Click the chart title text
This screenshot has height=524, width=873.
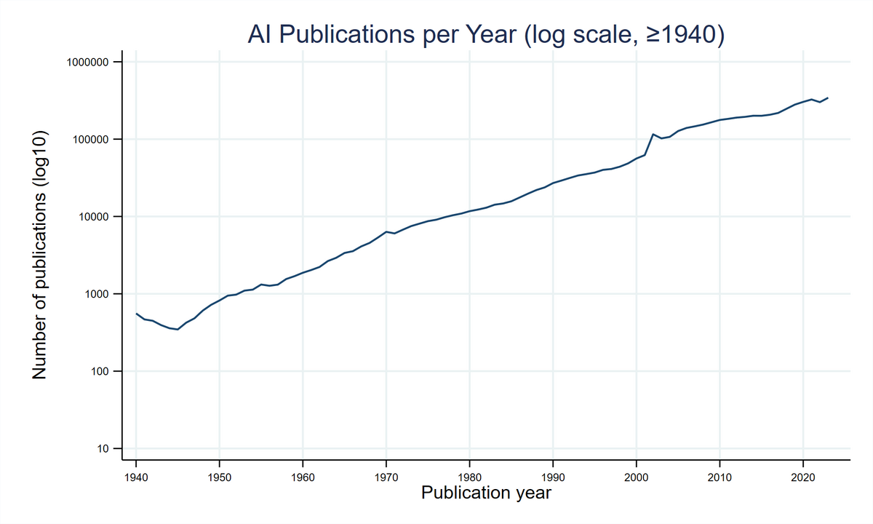[x=485, y=35]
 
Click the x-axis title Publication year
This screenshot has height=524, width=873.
[x=485, y=493]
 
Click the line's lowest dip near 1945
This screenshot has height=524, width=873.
[x=178, y=330]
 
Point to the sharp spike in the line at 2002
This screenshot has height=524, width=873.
[x=653, y=134]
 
